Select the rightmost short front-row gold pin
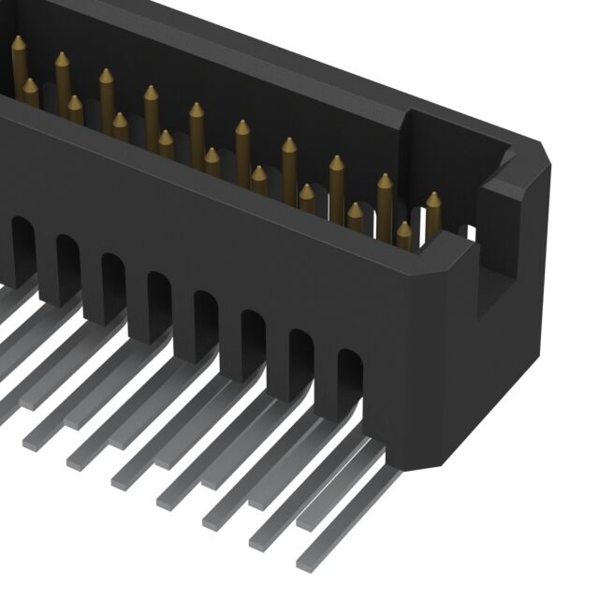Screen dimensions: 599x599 click(x=403, y=235)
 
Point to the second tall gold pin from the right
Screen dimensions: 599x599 click(x=384, y=197)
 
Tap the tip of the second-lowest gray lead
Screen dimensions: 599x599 click(x=258, y=540)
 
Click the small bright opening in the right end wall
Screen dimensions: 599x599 click(x=471, y=228)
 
